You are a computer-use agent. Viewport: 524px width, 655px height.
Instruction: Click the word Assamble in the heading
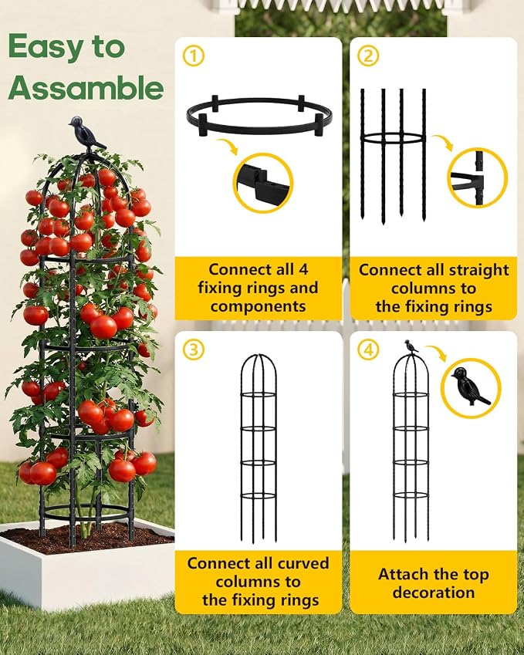(x=86, y=87)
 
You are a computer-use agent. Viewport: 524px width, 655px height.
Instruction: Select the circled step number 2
(x=369, y=56)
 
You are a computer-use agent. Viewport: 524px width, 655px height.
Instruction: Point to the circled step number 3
(x=194, y=349)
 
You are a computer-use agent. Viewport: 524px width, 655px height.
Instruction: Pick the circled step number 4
(x=369, y=349)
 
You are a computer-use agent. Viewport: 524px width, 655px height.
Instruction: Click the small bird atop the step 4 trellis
(x=411, y=346)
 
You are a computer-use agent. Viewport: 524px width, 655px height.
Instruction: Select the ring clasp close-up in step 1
(x=263, y=184)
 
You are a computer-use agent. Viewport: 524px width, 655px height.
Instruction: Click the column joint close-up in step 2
(x=477, y=177)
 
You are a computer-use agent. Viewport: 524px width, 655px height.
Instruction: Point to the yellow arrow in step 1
(x=227, y=147)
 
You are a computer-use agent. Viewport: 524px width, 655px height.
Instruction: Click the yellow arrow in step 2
(x=442, y=142)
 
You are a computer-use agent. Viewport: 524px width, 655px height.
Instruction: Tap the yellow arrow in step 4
(x=436, y=353)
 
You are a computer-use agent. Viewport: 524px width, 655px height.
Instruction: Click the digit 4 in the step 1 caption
(x=303, y=269)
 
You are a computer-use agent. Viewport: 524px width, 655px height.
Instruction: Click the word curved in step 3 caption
(x=303, y=563)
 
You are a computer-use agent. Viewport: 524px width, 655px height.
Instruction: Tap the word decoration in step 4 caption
(x=434, y=593)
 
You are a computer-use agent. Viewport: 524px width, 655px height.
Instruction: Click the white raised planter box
(x=87, y=567)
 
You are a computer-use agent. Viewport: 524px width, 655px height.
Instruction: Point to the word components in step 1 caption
(x=259, y=306)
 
